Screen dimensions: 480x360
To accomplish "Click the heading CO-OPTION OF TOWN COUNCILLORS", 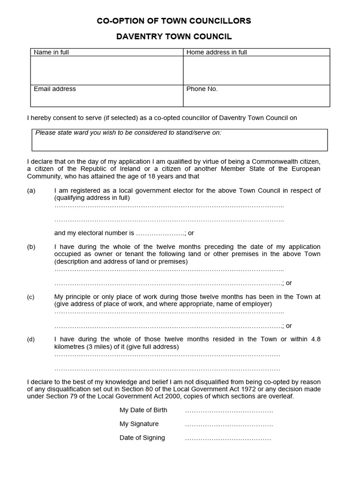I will coord(174,21).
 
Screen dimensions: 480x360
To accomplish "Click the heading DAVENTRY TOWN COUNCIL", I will coord(174,37).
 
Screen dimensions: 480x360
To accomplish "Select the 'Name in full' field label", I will coord(51,52).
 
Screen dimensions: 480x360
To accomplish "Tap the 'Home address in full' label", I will coord(217,52).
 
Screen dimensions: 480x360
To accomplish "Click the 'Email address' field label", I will coord(54,89).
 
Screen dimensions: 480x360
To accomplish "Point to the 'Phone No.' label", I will coord(202,89).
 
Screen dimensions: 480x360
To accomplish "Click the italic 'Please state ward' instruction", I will coord(128,133).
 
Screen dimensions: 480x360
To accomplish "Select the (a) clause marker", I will coord(31,190).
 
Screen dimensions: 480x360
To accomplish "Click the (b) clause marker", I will coord(31,247).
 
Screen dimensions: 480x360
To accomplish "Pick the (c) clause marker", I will coord(31,297).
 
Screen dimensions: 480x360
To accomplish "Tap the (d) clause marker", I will coord(31,339).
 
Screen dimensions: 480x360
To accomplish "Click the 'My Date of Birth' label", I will coord(143,410).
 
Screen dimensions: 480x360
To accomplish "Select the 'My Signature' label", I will coord(139,424).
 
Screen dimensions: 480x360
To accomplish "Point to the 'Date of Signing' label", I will coord(142,438).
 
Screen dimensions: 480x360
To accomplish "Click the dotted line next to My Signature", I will coord(229,425).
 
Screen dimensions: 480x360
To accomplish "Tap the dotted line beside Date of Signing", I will coord(228,439).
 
